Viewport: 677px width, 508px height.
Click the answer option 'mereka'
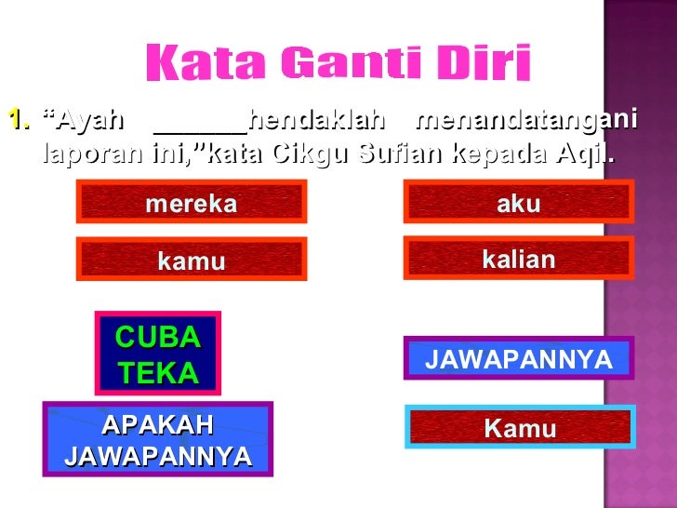click(192, 204)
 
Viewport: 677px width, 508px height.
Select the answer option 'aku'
click(518, 204)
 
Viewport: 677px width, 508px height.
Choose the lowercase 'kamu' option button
click(192, 261)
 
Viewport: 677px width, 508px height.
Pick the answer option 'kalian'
click(518, 260)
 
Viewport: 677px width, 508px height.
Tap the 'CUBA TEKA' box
click(157, 354)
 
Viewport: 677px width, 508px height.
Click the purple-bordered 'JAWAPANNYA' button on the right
click(518, 359)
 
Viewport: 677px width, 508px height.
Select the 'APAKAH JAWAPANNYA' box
click(157, 440)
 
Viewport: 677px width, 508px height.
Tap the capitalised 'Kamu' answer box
click(519, 429)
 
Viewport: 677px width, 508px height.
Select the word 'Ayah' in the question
click(84, 120)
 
